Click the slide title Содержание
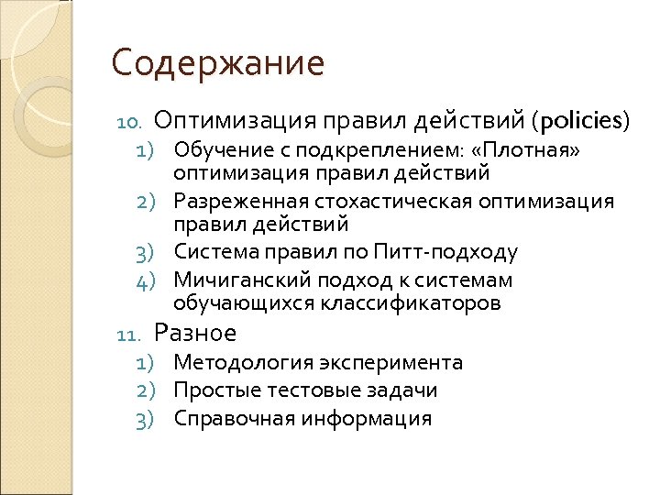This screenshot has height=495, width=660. pos(217,64)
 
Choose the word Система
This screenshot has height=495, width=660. pos(210,252)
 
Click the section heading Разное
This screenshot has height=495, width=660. pos(195,333)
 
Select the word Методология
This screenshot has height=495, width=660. pos(233,363)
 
